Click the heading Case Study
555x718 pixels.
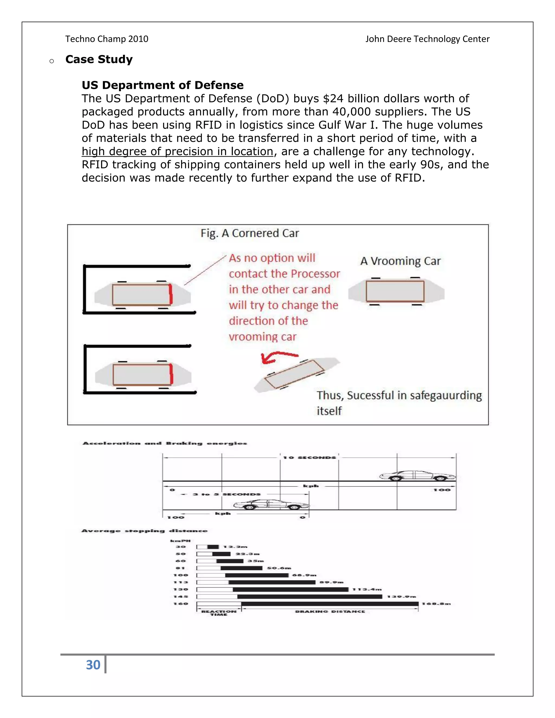coord(99,59)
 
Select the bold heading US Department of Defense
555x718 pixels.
coord(162,85)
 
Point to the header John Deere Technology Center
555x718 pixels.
coord(427,39)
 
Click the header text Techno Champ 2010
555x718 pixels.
coord(107,39)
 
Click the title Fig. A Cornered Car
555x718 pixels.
coord(250,233)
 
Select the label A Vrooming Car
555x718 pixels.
coord(400,261)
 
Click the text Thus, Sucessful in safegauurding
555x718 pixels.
coord(399,396)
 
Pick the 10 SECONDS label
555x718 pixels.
coord(309,458)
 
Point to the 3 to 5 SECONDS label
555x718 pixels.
coord(226,494)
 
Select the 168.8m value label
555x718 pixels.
coord(436,604)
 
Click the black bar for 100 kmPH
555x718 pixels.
coord(256,575)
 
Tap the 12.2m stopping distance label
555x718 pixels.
coord(235,547)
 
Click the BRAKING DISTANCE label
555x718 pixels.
coord(330,612)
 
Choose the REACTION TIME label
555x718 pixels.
coord(219,613)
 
